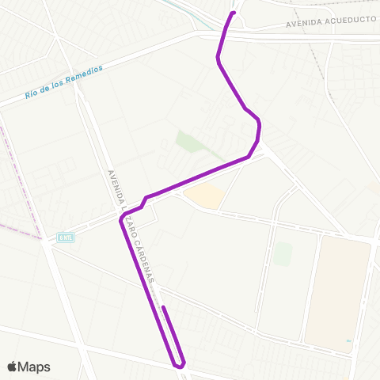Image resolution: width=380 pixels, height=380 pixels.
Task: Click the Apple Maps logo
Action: pyautogui.click(x=28, y=367)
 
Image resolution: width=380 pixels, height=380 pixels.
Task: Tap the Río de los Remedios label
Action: pyautogui.click(x=64, y=82)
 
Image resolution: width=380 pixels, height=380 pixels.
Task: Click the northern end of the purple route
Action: pyautogui.click(x=234, y=13)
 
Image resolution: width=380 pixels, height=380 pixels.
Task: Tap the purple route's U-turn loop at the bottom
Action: pyautogui.click(x=181, y=365)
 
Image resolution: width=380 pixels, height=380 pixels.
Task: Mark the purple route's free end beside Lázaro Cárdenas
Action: pyautogui.click(x=162, y=307)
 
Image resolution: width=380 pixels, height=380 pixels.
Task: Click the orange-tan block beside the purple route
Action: pyautogui.click(x=203, y=196)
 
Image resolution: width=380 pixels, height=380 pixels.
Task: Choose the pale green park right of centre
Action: pyautogui.click(x=283, y=254)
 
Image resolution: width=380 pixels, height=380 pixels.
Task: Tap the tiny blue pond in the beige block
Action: pyautogui.click(x=348, y=341)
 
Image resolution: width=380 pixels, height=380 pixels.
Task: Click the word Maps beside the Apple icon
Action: pyautogui.click(x=35, y=367)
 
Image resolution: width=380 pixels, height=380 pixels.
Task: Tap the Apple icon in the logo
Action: pyautogui.click(x=12, y=366)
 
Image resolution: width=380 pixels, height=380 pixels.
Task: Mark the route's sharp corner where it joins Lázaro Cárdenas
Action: pyautogui.click(x=121, y=220)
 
